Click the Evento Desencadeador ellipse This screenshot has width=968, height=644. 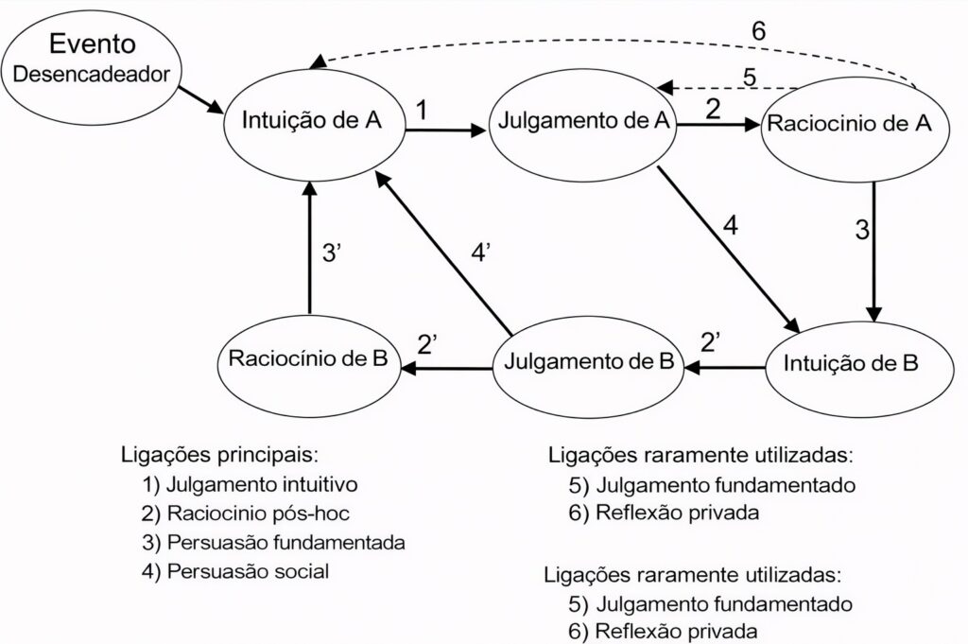coord(92,60)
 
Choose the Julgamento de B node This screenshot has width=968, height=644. coord(587,361)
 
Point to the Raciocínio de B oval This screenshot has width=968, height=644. coord(308,359)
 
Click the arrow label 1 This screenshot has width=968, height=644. coord(422,110)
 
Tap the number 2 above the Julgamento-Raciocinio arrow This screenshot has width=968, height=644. coord(713,108)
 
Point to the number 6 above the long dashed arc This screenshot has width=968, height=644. coord(758,29)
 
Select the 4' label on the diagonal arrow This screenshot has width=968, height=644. coord(482,254)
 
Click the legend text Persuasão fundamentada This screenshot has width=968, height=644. coord(273,543)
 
